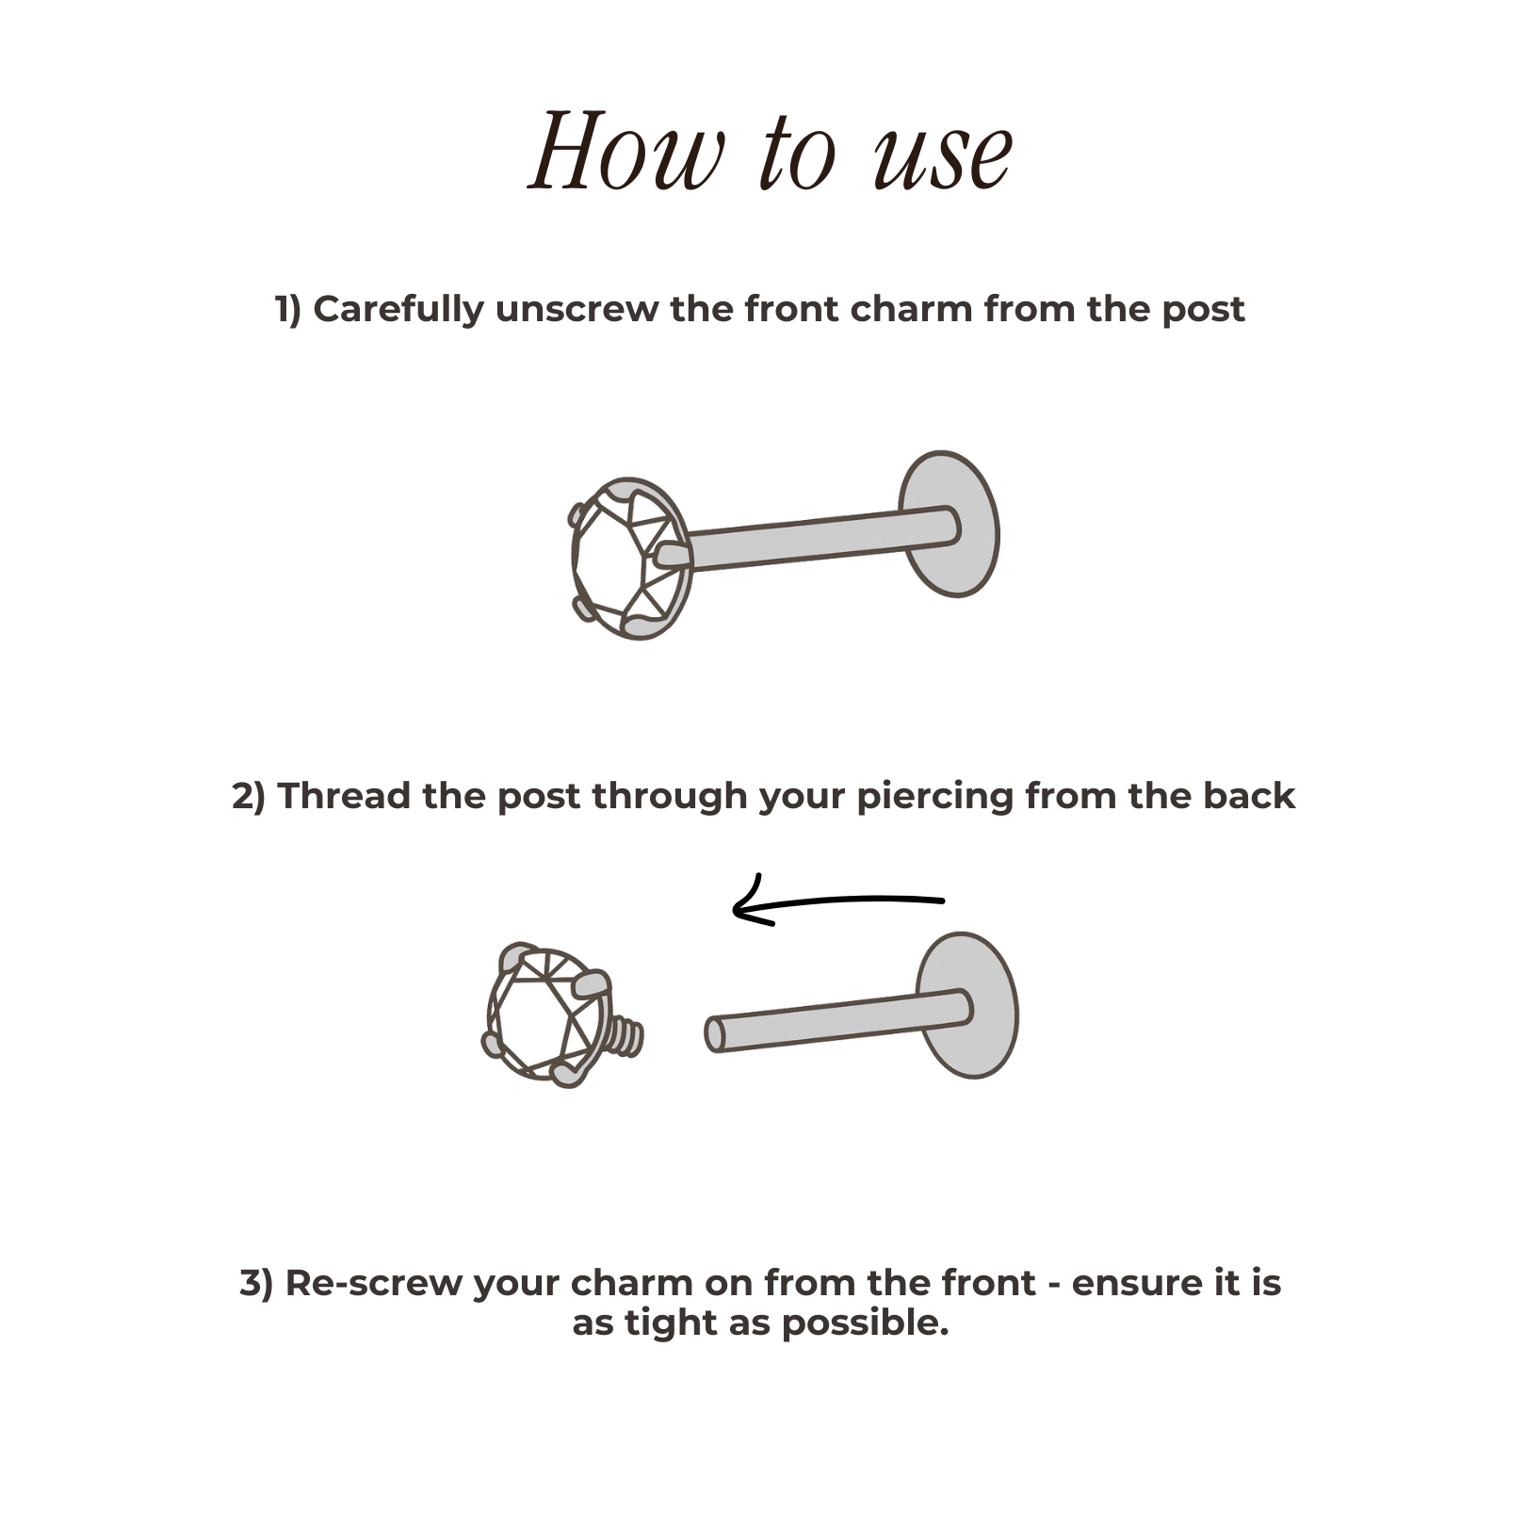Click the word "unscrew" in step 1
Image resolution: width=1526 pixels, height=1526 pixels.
[x=576, y=309]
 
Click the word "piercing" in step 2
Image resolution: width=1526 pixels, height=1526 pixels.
[x=934, y=798]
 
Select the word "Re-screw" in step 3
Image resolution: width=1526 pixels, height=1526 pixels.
[x=373, y=1283]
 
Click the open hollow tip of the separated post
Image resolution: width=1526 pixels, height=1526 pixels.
[x=715, y=1034]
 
